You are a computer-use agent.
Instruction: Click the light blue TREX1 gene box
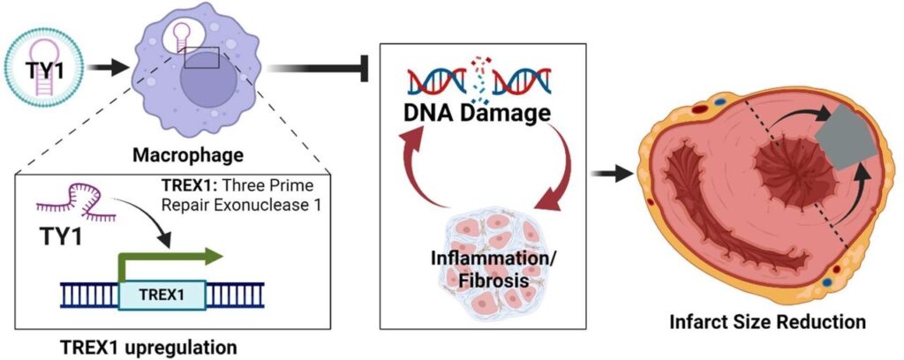(x=164, y=294)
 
